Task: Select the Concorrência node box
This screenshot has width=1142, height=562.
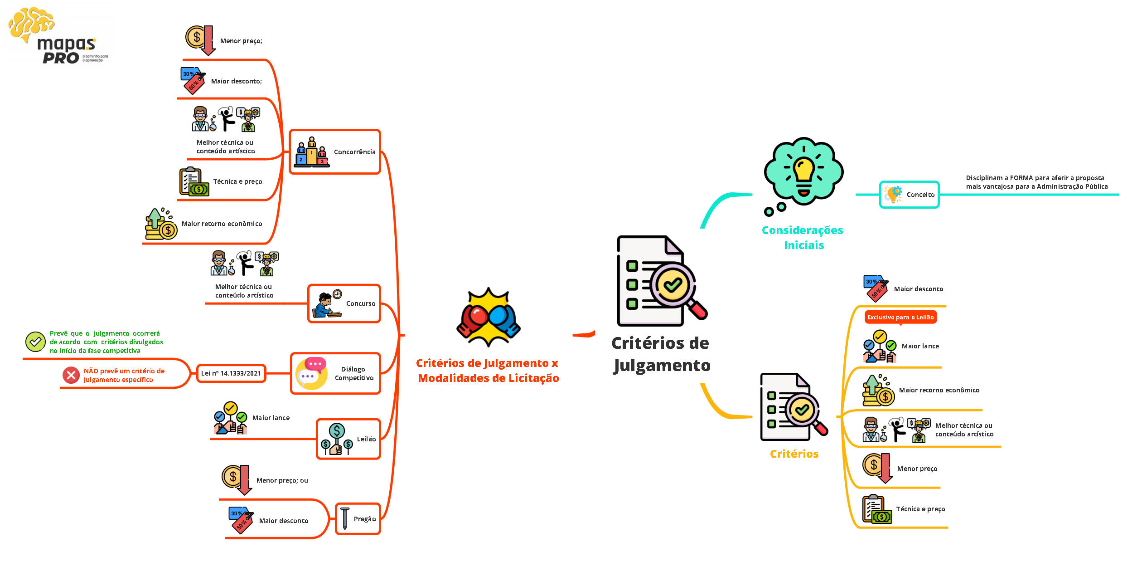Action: [334, 152]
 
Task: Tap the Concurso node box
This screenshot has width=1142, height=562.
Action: [344, 303]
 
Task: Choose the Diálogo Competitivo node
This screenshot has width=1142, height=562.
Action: [335, 373]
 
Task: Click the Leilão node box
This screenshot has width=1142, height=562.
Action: [348, 439]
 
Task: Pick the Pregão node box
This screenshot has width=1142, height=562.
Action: [358, 519]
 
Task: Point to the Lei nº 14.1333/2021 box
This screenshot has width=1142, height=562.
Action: [231, 373]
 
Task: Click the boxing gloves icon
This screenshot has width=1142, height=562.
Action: [489, 318]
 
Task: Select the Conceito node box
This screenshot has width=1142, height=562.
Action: [909, 195]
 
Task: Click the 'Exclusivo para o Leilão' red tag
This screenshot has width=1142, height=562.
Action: [900, 317]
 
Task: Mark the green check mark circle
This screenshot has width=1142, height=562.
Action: [35, 342]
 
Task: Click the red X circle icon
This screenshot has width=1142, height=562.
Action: [71, 375]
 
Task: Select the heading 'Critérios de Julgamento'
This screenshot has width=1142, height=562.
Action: [661, 354]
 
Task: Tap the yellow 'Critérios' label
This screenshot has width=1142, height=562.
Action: [794, 454]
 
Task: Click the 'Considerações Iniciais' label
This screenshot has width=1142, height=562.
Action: [803, 237]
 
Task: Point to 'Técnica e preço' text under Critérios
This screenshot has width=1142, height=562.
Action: [920, 509]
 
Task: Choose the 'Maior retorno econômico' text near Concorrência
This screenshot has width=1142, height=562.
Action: [222, 224]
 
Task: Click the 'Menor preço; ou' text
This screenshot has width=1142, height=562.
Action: [282, 480]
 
